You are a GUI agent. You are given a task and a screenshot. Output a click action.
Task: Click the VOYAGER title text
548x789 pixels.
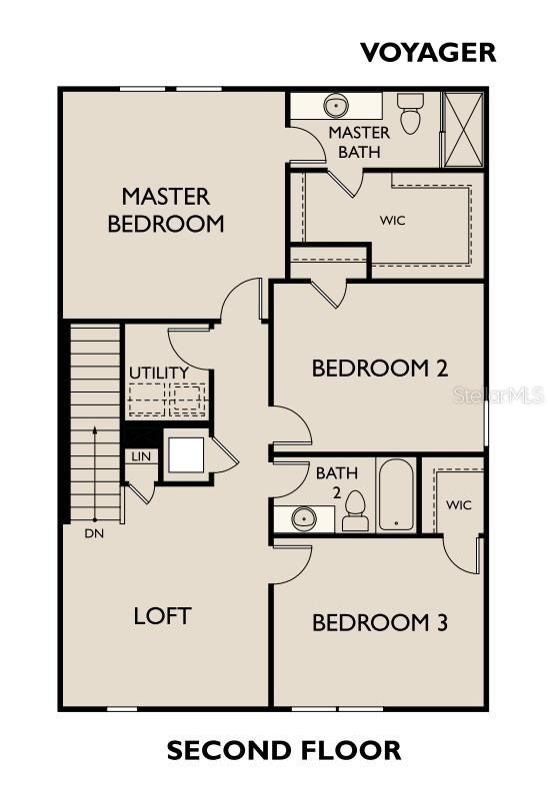coord(428,53)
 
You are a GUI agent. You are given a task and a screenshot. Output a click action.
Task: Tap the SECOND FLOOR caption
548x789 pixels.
coord(284,750)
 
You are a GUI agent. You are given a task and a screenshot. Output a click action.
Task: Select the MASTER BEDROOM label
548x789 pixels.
coord(166,210)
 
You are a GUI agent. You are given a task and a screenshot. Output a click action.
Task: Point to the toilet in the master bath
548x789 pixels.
coord(408,113)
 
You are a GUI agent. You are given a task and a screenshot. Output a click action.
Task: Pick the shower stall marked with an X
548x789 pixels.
coord(464,129)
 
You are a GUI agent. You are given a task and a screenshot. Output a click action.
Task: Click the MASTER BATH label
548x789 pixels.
coord(359,142)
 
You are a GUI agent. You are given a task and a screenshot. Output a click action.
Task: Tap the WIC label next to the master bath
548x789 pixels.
coord(393,221)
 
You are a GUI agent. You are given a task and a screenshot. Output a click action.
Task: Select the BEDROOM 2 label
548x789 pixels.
coord(380,369)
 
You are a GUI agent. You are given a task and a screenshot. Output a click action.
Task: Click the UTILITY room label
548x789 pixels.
coord(159,373)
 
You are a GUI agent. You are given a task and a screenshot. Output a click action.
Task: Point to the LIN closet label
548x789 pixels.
coord(141,456)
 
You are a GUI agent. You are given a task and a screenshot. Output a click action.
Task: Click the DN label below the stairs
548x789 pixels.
coord(94,534)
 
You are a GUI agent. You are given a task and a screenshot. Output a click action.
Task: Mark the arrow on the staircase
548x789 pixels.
coord(94,474)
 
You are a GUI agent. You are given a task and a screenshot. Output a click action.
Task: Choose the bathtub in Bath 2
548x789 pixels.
coord(396,494)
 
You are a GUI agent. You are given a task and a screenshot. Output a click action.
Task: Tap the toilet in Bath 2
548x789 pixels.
coord(355,510)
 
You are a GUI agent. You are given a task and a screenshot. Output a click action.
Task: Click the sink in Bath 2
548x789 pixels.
coord(305,517)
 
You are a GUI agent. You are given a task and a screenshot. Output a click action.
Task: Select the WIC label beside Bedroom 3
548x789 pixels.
coord(458,504)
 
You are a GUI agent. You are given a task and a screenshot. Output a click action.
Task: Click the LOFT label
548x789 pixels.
coord(162,616)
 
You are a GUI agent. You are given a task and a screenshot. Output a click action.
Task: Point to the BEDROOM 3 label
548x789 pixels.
coord(380,623)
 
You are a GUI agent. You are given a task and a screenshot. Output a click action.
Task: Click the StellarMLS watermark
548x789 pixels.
coord(499,395)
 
